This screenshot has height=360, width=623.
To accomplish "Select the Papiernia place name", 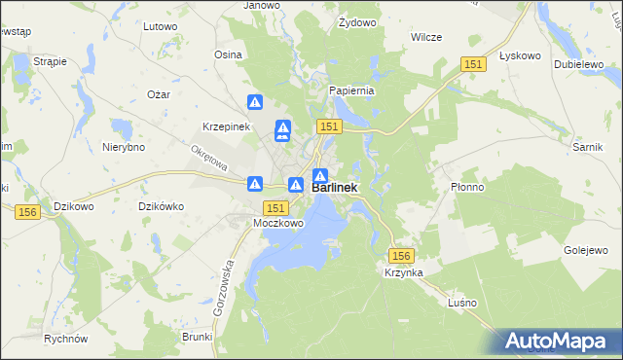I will click(351, 90).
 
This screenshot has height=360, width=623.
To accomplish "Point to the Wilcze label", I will click(426, 37).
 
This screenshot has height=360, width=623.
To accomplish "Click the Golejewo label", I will click(586, 250).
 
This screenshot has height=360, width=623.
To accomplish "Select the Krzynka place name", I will click(402, 273).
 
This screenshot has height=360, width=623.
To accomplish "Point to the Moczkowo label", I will click(278, 223).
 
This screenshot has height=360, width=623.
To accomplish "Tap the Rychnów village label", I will click(66, 340).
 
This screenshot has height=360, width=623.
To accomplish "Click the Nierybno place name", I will click(124, 147).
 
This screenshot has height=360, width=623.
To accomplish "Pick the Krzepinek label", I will click(227, 127).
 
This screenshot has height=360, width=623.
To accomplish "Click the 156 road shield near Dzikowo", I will click(27, 211).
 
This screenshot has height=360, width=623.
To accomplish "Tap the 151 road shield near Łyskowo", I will click(473, 63).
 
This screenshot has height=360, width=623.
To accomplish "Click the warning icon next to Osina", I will click(255, 101).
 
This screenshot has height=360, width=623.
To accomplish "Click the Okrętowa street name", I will click(208, 159).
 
